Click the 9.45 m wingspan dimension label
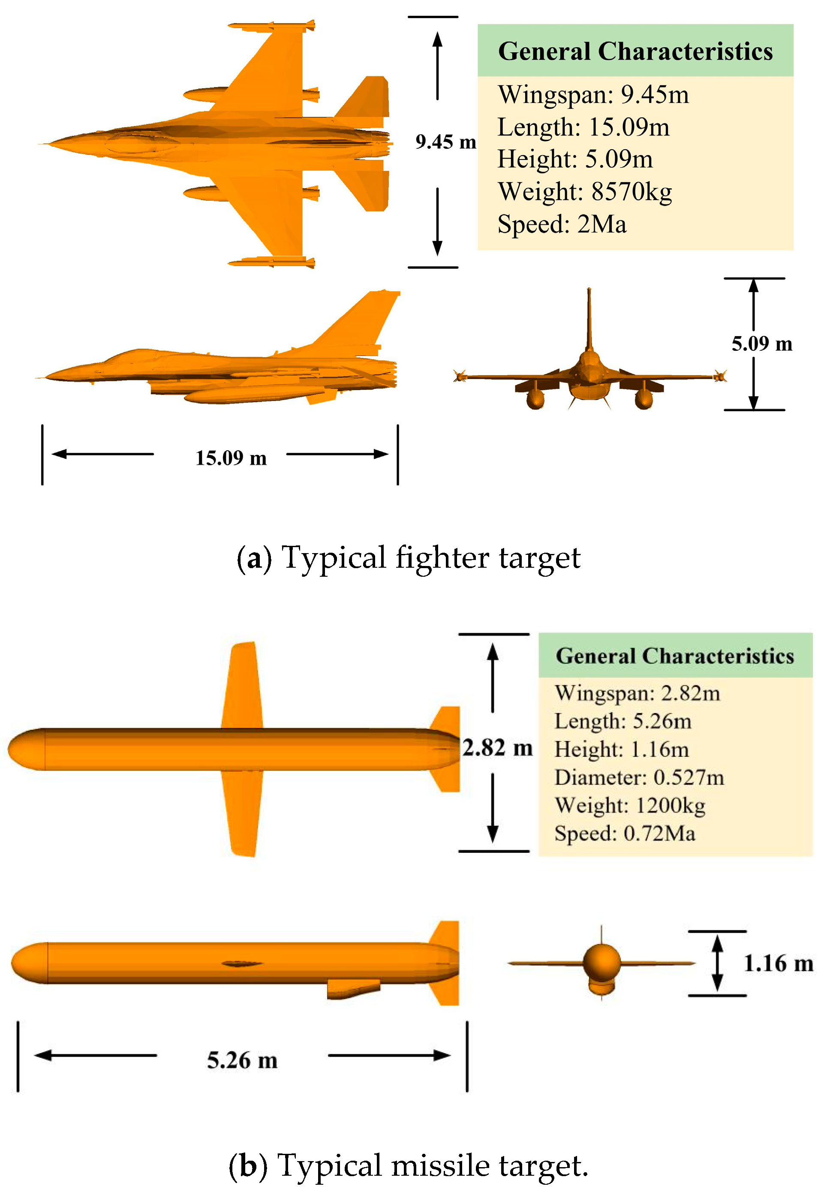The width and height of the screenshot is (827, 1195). pos(445,141)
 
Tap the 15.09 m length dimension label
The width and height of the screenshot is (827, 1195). pos(231,458)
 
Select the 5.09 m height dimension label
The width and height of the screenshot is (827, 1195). pos(762,343)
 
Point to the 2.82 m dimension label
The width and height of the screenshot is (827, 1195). pos(497,748)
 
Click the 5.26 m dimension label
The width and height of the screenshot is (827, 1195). pos(242,1060)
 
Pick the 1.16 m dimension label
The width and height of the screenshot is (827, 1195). pos(778,963)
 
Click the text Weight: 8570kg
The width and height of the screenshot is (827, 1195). pos(584,192)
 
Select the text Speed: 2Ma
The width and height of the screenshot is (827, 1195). pos(562,224)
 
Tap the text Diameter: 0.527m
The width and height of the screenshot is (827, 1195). pos(639,777)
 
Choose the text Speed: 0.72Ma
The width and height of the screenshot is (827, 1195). pos(624,833)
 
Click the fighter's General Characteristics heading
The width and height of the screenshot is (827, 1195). pos(635,51)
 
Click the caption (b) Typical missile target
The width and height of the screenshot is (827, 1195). pos(408,1165)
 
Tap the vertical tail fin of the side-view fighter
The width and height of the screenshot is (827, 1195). pos(363,319)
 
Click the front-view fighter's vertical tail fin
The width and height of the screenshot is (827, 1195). pos(589,319)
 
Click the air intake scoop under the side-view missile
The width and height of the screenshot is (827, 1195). pos(352,988)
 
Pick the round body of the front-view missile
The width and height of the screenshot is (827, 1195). pos(601,962)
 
